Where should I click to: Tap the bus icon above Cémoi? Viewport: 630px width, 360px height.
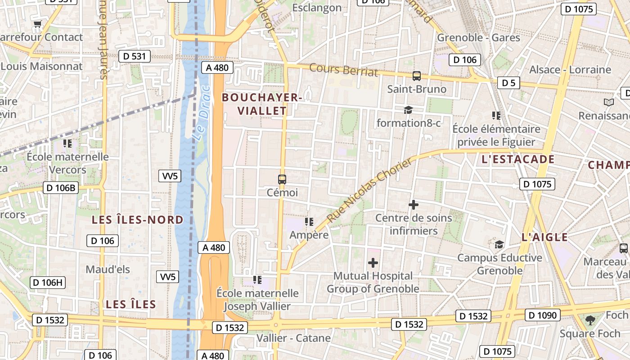click(282, 180)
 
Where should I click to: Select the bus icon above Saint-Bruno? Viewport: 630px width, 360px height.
click(417, 76)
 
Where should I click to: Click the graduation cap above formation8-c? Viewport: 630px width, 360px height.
click(408, 110)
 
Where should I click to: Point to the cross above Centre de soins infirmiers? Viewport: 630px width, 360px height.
click(413, 205)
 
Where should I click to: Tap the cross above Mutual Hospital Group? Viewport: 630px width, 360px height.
click(373, 263)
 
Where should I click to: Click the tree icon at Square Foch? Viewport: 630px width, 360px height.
click(590, 320)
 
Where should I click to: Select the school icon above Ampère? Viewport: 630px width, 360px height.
click(309, 222)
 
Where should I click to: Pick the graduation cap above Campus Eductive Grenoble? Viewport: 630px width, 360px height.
click(499, 245)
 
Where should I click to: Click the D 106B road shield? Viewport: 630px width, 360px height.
click(61, 188)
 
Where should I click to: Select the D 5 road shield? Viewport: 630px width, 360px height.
click(508, 83)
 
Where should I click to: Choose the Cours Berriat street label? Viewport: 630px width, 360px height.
click(344, 70)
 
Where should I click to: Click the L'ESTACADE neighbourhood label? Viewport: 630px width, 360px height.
click(518, 159)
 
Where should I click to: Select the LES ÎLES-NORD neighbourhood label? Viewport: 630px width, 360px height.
click(138, 220)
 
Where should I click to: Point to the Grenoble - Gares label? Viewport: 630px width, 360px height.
click(479, 37)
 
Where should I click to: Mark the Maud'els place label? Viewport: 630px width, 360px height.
click(108, 270)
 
